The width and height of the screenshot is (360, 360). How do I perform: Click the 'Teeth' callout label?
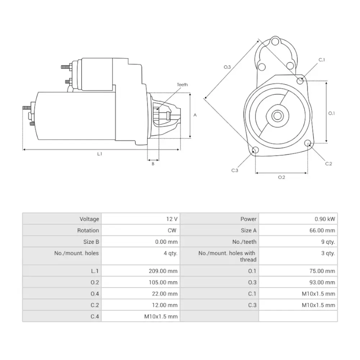(182, 85)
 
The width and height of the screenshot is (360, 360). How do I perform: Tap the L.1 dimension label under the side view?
(100, 154)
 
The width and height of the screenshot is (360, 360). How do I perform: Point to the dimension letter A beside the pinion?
(195, 115)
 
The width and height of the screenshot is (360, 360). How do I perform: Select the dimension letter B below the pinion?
(153, 164)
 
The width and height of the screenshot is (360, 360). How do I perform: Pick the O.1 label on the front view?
(332, 113)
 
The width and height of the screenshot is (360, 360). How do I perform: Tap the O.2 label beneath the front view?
(282, 177)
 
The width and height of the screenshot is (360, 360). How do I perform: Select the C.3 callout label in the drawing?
(235, 170)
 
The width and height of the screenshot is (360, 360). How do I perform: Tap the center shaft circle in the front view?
(277, 116)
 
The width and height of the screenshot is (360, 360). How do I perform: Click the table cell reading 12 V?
(171, 219)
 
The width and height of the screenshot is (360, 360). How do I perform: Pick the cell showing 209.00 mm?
(163, 271)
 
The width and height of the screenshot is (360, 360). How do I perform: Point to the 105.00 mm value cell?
(163, 282)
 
